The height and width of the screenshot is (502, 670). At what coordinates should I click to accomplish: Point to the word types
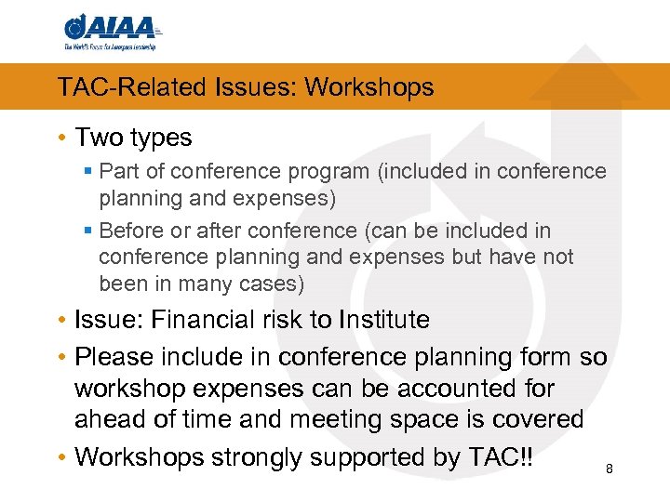point(161,138)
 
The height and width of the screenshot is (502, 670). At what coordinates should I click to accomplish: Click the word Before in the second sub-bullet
point(129,230)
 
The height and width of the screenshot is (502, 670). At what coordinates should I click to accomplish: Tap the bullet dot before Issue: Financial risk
point(61,321)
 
